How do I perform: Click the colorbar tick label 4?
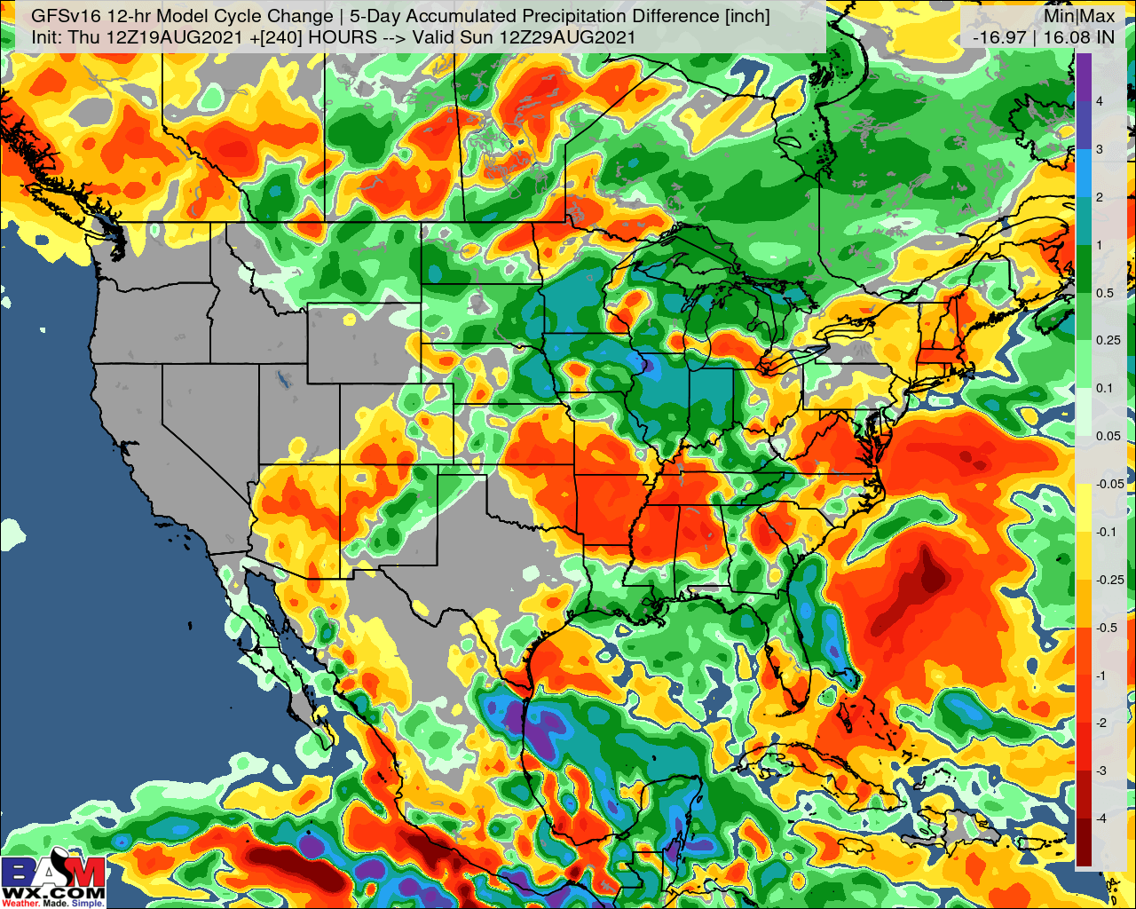(x=1100, y=101)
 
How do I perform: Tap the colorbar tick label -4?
(x=1100, y=818)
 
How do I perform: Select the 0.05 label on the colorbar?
(x=1108, y=436)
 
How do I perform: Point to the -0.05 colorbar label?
(x=1109, y=484)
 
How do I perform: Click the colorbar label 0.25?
(x=1108, y=340)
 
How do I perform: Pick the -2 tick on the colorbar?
(x=1100, y=723)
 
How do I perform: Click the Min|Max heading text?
(x=1079, y=16)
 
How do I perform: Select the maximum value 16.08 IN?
(x=1078, y=37)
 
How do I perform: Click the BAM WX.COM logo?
(x=53, y=881)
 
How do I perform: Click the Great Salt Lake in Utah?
(x=282, y=380)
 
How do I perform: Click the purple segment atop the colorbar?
(x=1084, y=75)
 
